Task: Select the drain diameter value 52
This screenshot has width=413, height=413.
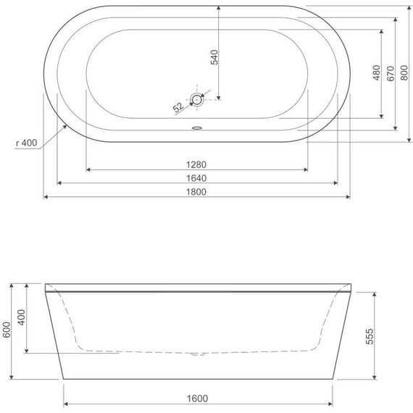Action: click(x=178, y=107)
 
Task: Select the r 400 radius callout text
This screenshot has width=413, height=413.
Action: click(x=26, y=143)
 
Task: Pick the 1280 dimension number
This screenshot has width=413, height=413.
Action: click(x=196, y=164)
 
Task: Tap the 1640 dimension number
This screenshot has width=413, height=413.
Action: click(x=196, y=178)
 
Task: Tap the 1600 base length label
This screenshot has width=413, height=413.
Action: click(x=197, y=398)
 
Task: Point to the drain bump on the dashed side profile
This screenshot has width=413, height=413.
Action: click(x=197, y=354)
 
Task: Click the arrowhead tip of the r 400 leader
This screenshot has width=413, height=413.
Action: click(x=68, y=124)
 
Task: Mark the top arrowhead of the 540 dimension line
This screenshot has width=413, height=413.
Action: click(x=218, y=7)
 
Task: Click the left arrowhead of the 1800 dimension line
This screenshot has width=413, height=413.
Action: click(x=46, y=196)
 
